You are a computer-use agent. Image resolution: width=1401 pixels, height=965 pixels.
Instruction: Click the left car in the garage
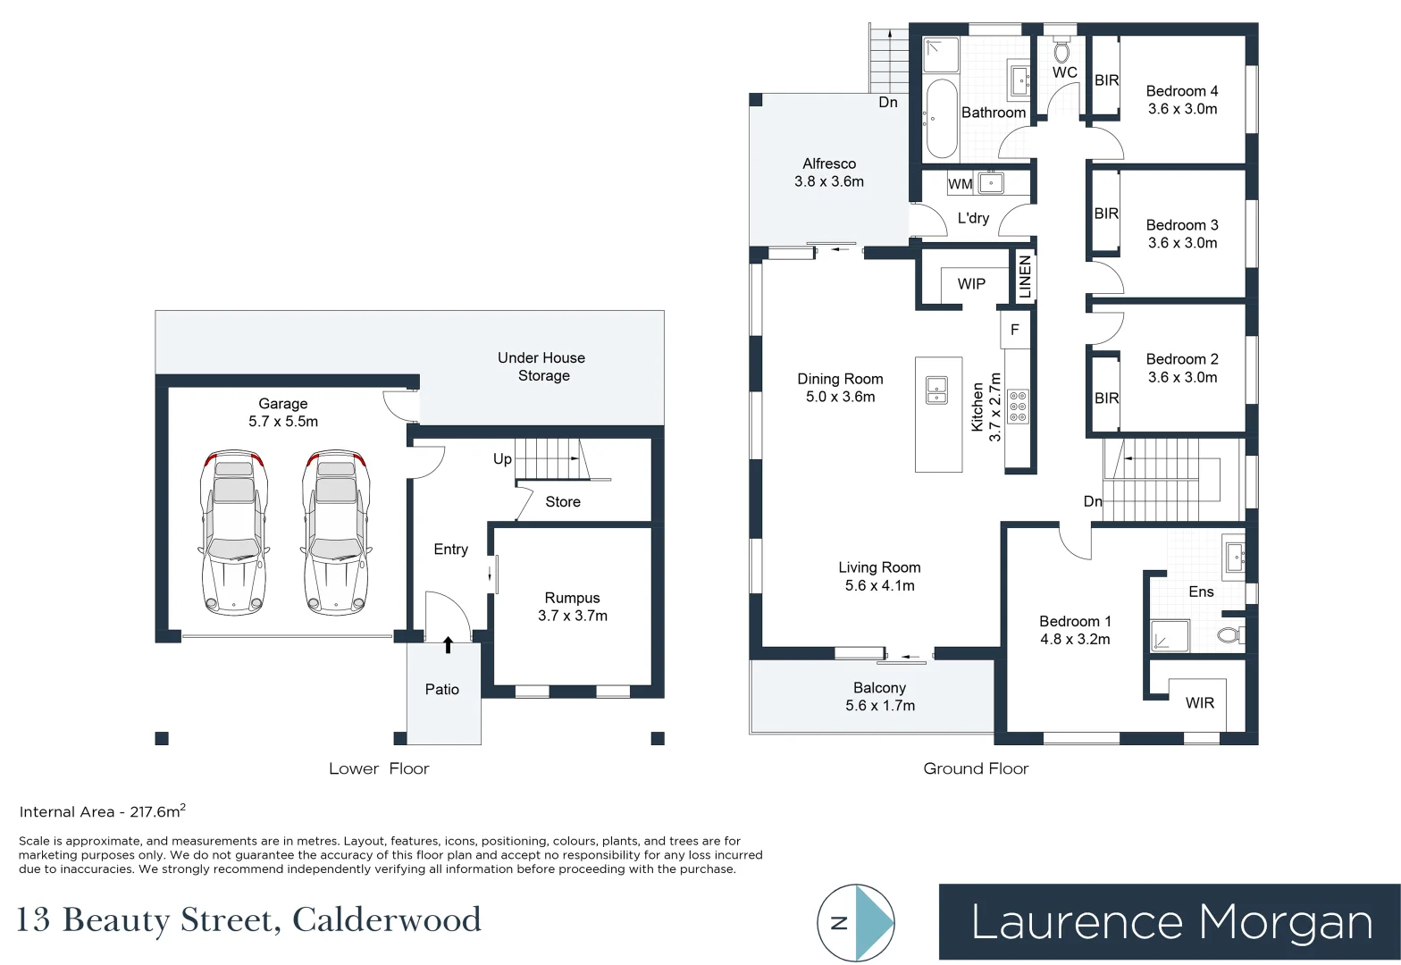tap(233, 533)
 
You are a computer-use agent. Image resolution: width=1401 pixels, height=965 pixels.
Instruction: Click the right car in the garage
tap(336, 533)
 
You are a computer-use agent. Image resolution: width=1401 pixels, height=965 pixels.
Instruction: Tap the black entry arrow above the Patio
tap(448, 644)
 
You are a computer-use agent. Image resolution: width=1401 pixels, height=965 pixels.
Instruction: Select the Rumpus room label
tap(572, 598)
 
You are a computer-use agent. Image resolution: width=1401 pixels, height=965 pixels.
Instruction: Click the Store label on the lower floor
tap(563, 502)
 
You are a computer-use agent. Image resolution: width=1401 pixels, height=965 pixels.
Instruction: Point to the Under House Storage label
tap(541, 366)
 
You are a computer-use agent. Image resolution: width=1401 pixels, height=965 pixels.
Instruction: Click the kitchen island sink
tap(937, 390)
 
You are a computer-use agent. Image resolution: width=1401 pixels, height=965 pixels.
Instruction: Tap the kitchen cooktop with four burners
tap(1018, 406)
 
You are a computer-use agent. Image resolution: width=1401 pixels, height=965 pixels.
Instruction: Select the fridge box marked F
tap(1015, 330)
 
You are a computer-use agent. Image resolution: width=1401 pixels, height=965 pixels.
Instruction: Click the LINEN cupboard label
tap(1025, 277)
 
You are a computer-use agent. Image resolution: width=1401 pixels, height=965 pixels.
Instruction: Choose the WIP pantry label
tap(971, 284)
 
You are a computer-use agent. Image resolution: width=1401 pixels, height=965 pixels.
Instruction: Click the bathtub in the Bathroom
tap(941, 119)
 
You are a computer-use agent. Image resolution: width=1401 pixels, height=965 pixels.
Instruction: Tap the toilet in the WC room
tap(1061, 50)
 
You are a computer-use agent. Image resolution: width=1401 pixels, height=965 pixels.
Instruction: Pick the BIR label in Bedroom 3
tap(1106, 214)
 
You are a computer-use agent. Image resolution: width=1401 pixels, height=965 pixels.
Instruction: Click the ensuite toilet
tap(1230, 635)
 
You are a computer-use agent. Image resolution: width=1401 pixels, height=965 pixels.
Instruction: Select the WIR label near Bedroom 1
tap(1199, 703)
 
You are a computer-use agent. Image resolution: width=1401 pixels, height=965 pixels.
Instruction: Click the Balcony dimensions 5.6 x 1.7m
tap(880, 706)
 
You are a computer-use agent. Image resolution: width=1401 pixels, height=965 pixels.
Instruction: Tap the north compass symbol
tap(856, 923)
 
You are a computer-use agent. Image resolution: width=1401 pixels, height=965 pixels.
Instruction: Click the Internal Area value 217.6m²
tap(157, 811)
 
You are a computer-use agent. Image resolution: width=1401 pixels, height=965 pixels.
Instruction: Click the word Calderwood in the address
tap(387, 919)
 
